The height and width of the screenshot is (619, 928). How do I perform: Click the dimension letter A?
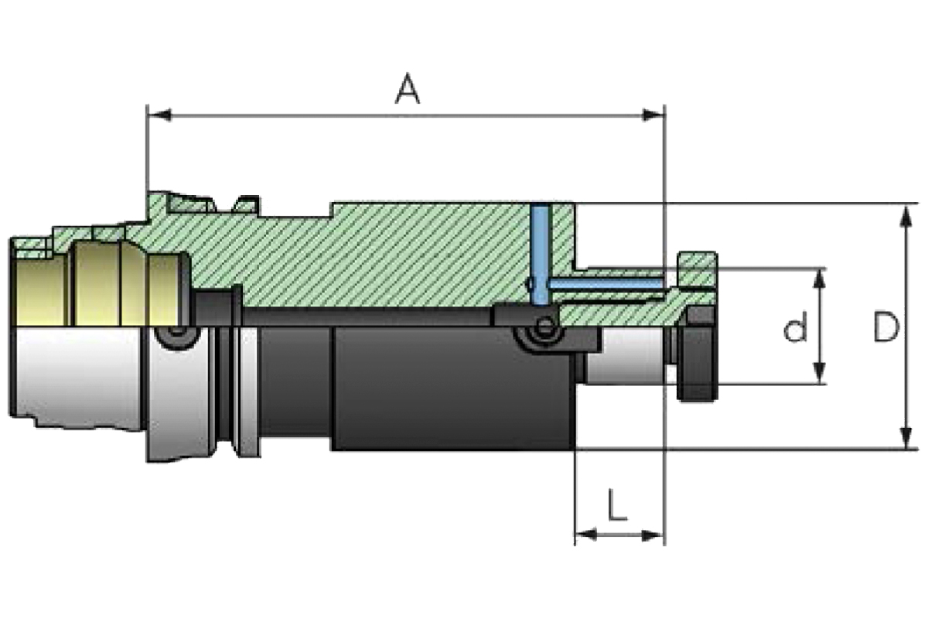click(x=408, y=89)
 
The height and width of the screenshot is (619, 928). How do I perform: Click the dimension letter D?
click(x=886, y=327)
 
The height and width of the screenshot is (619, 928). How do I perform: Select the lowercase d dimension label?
click(x=796, y=327)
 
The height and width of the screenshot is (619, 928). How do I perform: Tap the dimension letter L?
click(x=617, y=504)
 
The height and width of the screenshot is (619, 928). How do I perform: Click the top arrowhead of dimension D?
click(x=906, y=217)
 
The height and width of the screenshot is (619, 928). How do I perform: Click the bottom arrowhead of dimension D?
click(x=906, y=436)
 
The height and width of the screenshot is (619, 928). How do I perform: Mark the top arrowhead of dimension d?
click(x=818, y=281)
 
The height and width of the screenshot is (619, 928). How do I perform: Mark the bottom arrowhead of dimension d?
click(x=818, y=372)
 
